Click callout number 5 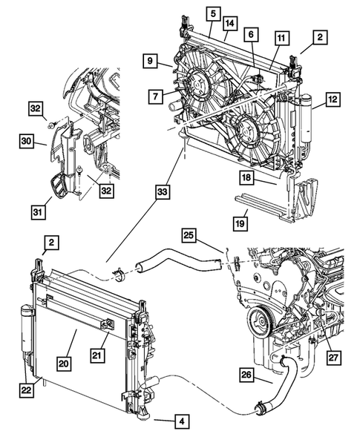[x=212, y=13]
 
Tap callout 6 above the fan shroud [x=252, y=35]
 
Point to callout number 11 [x=281, y=38]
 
